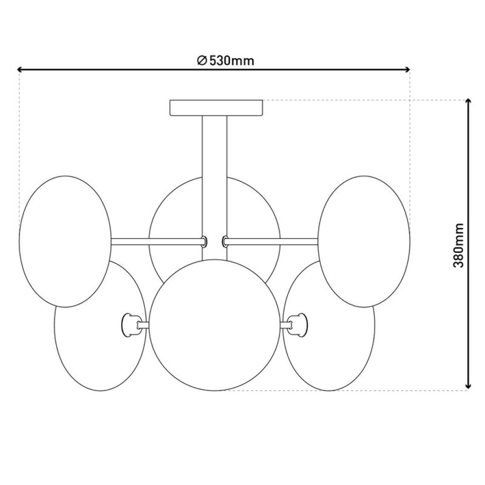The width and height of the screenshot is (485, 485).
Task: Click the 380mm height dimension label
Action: [x=458, y=245]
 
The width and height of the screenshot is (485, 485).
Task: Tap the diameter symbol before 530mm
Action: [x=201, y=61]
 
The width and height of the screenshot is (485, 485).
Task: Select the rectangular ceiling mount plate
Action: [x=216, y=108]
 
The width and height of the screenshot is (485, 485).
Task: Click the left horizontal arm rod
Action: [x=156, y=241]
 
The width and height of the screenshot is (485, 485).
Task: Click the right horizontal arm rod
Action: [x=272, y=241]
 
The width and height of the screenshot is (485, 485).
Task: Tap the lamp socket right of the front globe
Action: [x=297, y=324]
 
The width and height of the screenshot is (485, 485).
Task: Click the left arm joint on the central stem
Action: [x=204, y=241]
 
